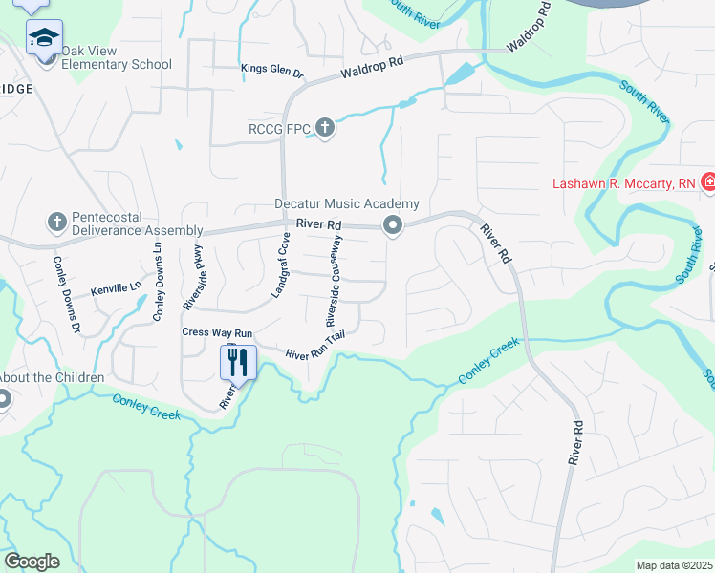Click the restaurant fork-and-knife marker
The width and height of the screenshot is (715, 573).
(238, 362)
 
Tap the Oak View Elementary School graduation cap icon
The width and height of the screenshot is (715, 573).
(43, 39)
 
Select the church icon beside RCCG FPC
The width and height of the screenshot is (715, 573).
(325, 128)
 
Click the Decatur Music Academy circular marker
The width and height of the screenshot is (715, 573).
(392, 226)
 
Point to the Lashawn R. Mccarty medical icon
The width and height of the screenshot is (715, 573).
(708, 181)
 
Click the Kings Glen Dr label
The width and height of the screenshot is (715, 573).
(272, 70)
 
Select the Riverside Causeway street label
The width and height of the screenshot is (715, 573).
(335, 277)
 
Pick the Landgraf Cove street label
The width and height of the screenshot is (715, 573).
(281, 265)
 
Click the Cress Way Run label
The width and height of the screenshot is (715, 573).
(217, 332)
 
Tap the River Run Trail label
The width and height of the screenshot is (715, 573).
(314, 347)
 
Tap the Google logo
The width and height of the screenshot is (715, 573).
(32, 561)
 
